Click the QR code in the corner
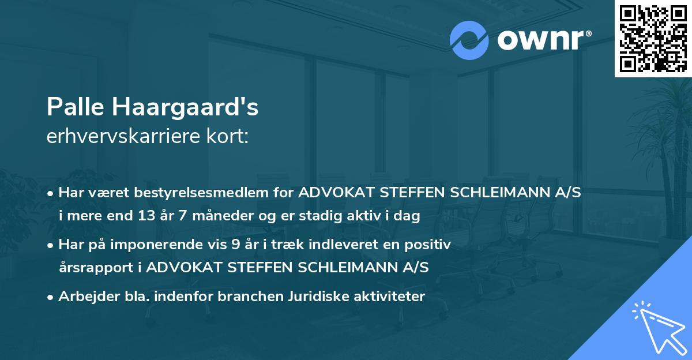[652, 38]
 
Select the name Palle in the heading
[75, 107]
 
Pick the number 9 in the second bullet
[235, 245]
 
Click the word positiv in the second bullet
[430, 245]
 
